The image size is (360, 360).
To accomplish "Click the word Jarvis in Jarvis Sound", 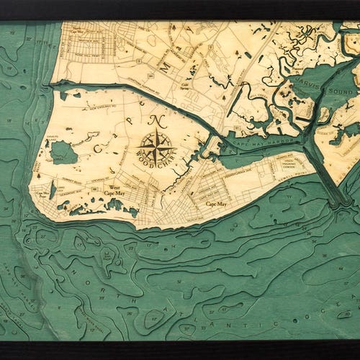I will [308, 83].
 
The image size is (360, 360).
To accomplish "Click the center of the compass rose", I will [157, 147].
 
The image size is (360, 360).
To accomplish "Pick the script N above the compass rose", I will [158, 122].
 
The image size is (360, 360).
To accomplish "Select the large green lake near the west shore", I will [63, 152].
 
